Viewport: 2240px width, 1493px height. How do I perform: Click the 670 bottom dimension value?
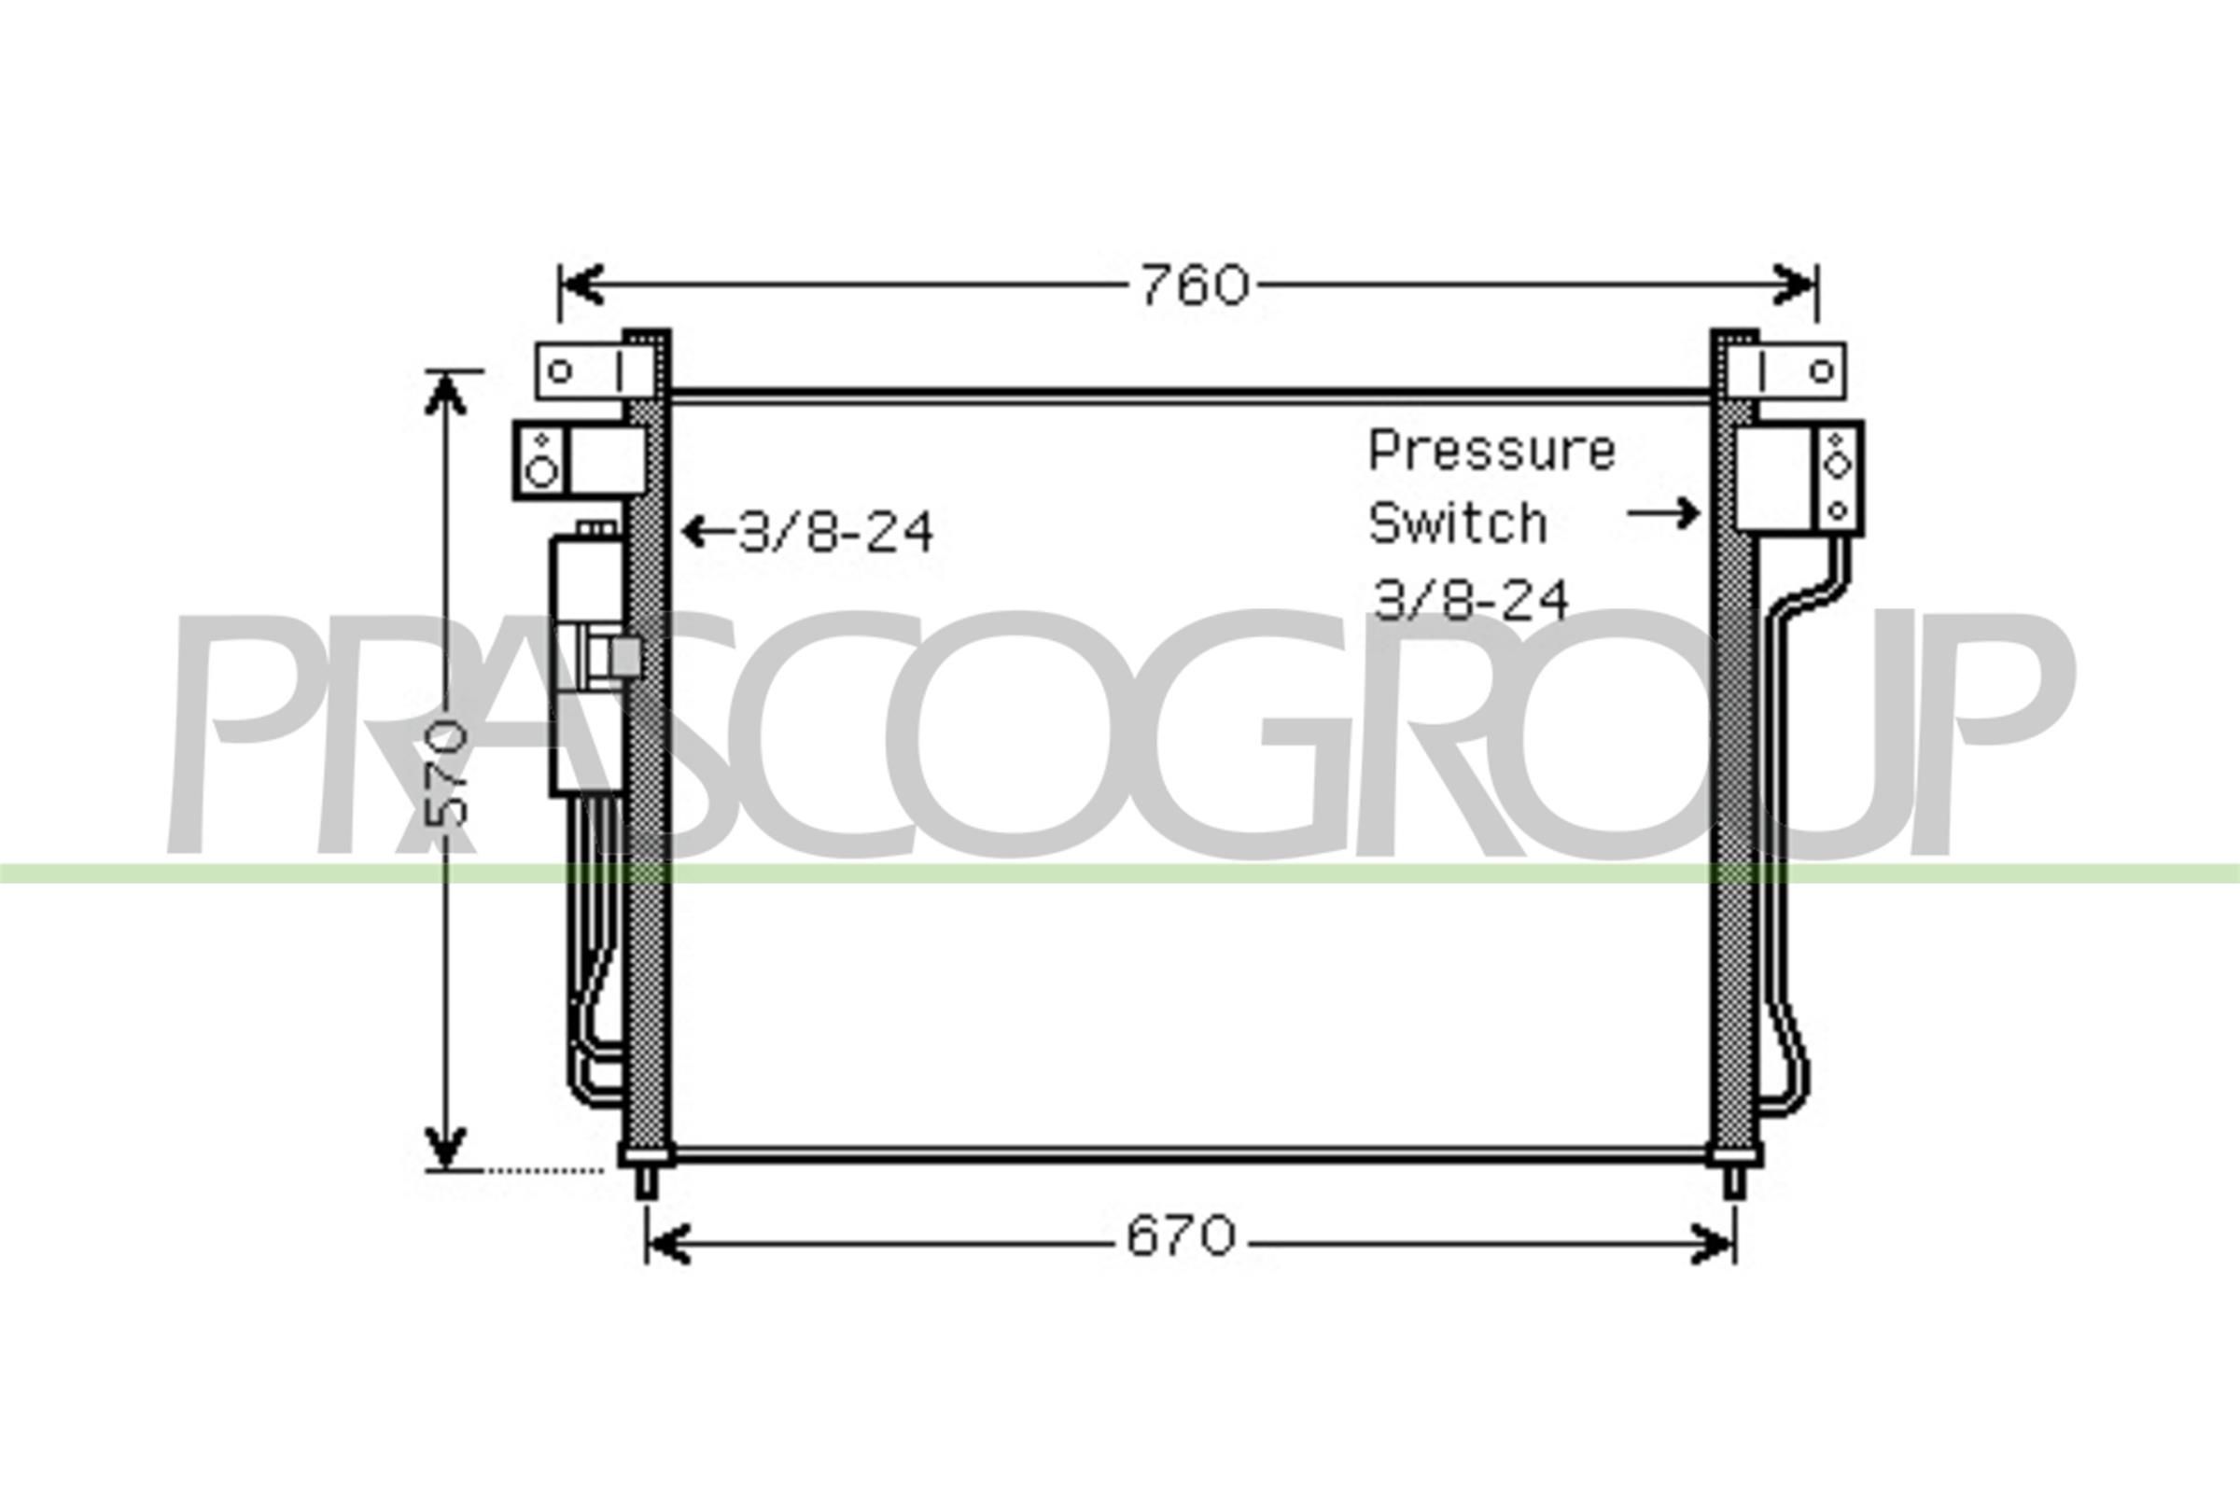point(1181,1237)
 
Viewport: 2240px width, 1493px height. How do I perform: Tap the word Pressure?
point(1491,451)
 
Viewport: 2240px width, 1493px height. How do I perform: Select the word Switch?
point(1457,523)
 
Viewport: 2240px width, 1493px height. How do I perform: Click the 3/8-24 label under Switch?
point(1469,600)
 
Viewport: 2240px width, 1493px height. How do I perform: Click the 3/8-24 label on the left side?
point(836,532)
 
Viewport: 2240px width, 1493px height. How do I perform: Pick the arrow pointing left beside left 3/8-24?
point(708,531)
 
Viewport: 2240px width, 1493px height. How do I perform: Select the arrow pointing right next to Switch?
point(1663,513)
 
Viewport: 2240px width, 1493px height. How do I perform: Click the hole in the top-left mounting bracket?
point(560,370)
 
